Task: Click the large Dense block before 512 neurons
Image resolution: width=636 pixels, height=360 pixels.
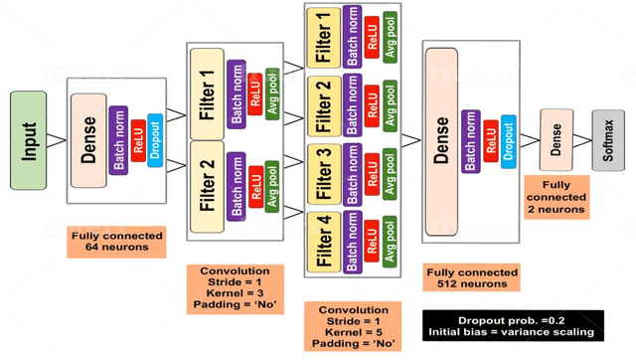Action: coord(442,140)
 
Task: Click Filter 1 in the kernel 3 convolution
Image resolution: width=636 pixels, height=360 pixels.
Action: coord(207,90)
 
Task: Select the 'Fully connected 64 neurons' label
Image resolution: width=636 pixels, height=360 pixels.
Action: coord(117,241)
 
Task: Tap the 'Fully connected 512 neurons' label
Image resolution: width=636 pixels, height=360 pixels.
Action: coord(472,278)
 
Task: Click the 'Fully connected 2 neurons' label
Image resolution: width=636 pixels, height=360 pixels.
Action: coord(556,198)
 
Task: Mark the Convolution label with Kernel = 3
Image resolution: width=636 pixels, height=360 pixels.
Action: coord(235,289)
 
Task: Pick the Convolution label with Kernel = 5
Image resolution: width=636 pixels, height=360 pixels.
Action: coord(354,326)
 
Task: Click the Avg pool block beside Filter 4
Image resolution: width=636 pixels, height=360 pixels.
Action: coord(391,238)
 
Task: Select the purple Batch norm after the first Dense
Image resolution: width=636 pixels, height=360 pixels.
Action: coord(118,140)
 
